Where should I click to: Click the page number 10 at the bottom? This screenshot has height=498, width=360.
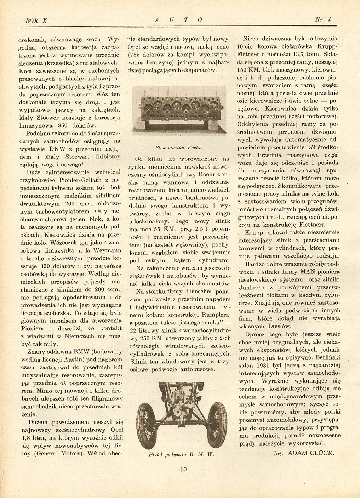pos(183,470)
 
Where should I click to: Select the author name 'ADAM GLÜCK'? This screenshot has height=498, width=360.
pos(311,453)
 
